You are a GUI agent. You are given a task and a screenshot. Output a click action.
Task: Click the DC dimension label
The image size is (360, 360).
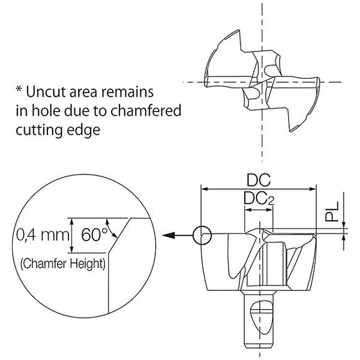(259, 180)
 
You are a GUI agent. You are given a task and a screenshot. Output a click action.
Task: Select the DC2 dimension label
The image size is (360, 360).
(259, 199)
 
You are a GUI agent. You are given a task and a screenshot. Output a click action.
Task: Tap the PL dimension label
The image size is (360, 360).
(332, 211)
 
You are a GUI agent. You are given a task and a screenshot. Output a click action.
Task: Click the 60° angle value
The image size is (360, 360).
(94, 235)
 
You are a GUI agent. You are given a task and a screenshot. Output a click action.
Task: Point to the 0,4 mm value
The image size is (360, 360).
(43, 235)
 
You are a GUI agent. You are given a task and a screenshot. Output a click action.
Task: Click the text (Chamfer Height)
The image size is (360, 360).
(63, 264)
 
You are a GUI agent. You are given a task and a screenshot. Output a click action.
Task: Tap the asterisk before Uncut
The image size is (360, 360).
(19, 89)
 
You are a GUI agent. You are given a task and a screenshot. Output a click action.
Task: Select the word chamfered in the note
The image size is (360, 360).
(146, 110)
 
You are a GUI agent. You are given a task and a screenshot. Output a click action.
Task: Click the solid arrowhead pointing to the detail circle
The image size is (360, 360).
(169, 235)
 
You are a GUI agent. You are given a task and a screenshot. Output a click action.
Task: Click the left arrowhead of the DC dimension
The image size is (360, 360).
(205, 189)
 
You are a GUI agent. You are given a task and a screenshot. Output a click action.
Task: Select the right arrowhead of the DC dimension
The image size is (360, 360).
(313, 189)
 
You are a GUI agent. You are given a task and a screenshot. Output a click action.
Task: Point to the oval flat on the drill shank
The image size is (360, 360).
(261, 317)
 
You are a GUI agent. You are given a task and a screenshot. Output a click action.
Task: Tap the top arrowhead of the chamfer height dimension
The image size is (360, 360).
(72, 221)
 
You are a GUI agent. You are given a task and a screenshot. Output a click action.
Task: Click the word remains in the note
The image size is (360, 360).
(127, 92)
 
